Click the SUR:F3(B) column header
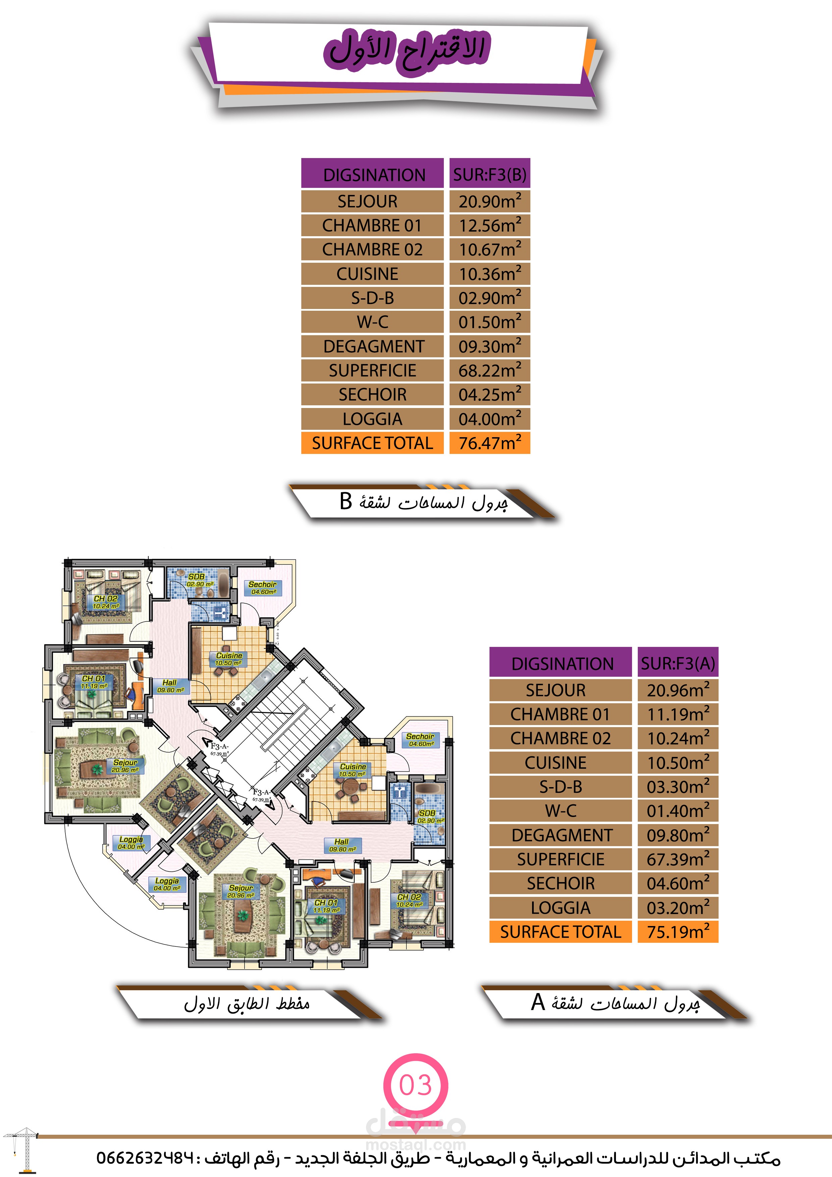(489, 174)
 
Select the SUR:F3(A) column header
(678, 663)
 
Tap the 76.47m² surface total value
(489, 443)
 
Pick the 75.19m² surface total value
(678, 931)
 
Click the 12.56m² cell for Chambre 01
(489, 225)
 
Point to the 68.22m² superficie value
(489, 370)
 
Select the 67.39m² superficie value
(678, 859)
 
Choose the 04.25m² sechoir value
(489, 394)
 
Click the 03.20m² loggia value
(678, 907)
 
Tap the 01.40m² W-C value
(678, 811)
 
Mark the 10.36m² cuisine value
(489, 274)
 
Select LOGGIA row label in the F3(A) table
(560, 907)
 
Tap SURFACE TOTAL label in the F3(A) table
(560, 931)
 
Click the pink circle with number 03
(415, 1085)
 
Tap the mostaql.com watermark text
(415, 1144)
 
